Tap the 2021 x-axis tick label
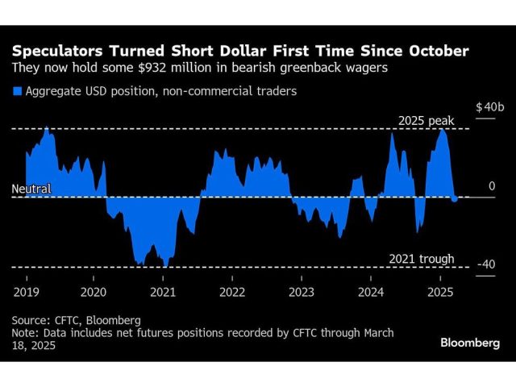pyautogui.click(x=163, y=291)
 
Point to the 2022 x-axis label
pyautogui.click(x=232, y=291)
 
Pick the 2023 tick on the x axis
pyautogui.click(x=301, y=291)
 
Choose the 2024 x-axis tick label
pyautogui.click(x=370, y=291)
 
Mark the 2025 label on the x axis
pyautogui.click(x=439, y=291)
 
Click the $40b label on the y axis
pyautogui.click(x=489, y=107)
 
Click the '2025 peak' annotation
pyautogui.click(x=427, y=121)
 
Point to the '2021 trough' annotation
pyautogui.click(x=422, y=259)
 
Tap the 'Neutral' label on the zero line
pyautogui.click(x=31, y=189)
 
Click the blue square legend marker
pyautogui.click(x=17, y=91)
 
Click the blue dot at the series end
pyautogui.click(x=455, y=198)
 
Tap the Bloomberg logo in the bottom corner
pyautogui.click(x=470, y=343)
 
